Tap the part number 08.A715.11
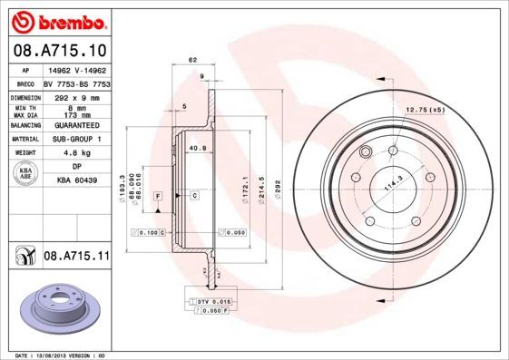(76, 258)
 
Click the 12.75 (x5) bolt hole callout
(425, 110)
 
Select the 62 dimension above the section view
(192, 61)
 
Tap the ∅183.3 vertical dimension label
(122, 187)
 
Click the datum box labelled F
(158, 196)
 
